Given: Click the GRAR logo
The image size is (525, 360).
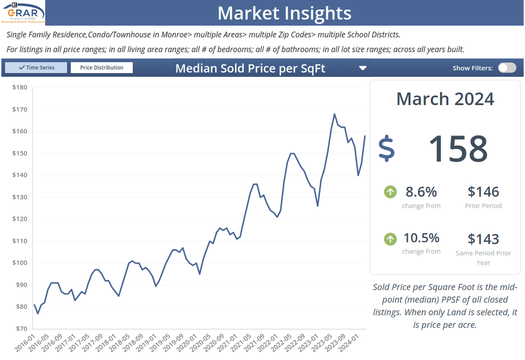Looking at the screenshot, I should (x=23, y=13).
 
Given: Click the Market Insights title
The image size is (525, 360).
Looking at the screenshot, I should (x=284, y=13).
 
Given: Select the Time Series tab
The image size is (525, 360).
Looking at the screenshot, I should (x=36, y=68).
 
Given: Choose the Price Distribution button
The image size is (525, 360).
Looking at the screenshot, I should (x=102, y=68).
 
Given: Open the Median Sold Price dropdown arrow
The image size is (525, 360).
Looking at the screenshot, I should (x=363, y=68).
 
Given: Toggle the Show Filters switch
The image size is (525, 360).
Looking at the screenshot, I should (x=507, y=68).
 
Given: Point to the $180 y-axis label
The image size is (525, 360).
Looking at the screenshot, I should (x=19, y=88).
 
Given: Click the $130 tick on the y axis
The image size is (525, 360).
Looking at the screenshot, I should (x=19, y=197).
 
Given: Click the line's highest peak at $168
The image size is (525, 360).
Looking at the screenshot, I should (x=334, y=114).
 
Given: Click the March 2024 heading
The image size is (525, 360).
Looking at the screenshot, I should (x=445, y=99).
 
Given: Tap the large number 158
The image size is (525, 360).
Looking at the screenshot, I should (x=457, y=148).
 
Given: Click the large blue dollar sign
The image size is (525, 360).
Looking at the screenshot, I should (x=386, y=148).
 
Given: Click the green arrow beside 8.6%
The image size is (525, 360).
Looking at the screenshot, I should (x=390, y=192).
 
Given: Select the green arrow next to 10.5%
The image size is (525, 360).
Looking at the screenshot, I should (x=390, y=239).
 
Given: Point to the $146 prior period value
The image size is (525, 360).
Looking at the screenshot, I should (x=483, y=192).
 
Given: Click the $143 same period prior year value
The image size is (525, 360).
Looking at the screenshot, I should (x=483, y=239).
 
